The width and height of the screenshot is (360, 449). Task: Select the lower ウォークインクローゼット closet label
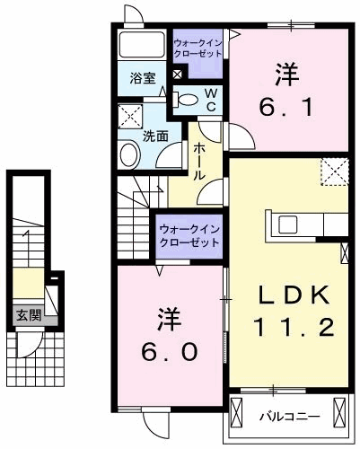pos(189,236)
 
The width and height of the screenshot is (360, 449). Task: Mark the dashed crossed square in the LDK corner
pos(335,170)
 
